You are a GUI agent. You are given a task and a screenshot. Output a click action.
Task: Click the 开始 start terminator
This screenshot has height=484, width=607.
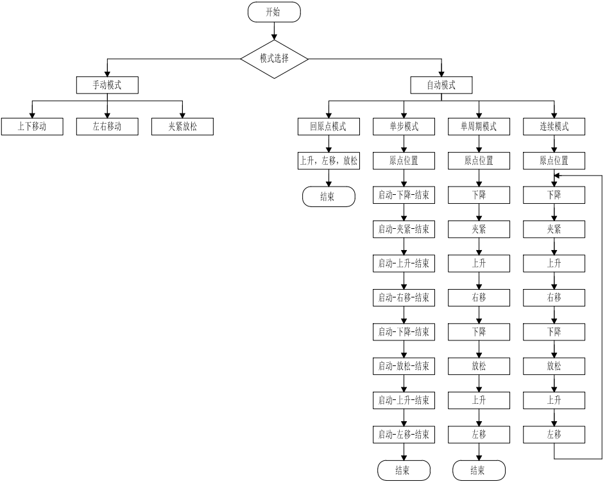pos(274,12)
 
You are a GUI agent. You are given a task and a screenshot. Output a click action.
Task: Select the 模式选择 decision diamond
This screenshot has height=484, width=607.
pos(274,58)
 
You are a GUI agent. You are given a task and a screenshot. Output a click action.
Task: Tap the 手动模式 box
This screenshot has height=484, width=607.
pos(107,85)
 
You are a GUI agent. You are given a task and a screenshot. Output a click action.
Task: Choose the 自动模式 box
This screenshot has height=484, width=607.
pos(441,85)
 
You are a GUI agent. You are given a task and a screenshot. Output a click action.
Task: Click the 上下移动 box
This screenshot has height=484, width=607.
pos(31,127)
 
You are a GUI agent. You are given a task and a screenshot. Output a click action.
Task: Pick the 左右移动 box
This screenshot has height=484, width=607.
pos(107,127)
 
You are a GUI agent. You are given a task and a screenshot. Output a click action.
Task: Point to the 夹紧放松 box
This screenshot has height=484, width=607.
pos(182,127)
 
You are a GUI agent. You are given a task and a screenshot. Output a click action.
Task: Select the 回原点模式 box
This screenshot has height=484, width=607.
pos(329,127)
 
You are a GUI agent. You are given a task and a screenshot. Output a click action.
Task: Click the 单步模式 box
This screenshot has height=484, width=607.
pos(404,127)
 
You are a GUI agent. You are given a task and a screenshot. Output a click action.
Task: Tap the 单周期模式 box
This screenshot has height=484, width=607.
pos(479,127)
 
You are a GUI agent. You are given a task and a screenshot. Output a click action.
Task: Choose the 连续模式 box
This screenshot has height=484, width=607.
pos(554,127)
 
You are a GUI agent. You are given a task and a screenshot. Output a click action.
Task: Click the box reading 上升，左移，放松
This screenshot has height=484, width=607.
pos(329,161)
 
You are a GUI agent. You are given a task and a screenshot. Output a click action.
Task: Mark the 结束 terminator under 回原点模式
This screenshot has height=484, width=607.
pos(329,197)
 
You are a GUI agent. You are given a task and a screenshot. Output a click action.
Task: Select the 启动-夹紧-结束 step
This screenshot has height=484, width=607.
pos(404,229)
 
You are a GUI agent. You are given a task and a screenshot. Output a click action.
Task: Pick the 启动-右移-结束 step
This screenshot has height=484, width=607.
pos(404,297)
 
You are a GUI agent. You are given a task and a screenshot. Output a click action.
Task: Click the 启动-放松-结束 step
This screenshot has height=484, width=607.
pos(404,367)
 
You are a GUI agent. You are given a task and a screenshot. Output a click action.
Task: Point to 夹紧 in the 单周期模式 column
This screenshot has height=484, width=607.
pos(479,229)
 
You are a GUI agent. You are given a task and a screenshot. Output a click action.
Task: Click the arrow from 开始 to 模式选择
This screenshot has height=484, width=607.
pos(274,31)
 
